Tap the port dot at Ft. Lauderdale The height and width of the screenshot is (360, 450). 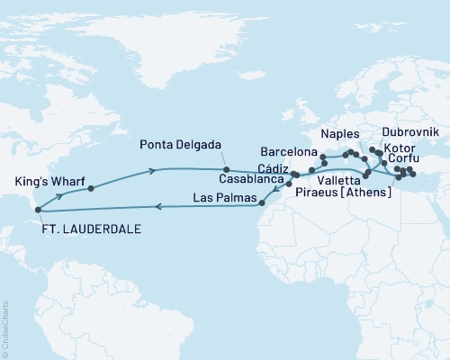pos(38,211)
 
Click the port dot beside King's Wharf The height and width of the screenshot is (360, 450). pos(91,189)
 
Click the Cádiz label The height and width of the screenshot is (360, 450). pos(273,169)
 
